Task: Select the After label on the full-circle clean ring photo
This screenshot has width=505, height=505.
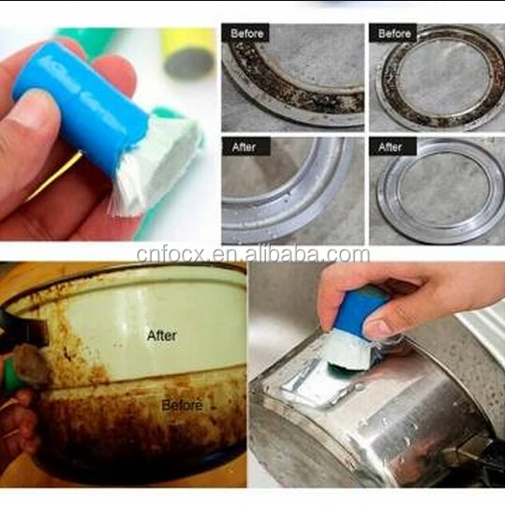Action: coord(390,147)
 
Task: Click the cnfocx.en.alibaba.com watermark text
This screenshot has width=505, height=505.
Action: coord(252,254)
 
